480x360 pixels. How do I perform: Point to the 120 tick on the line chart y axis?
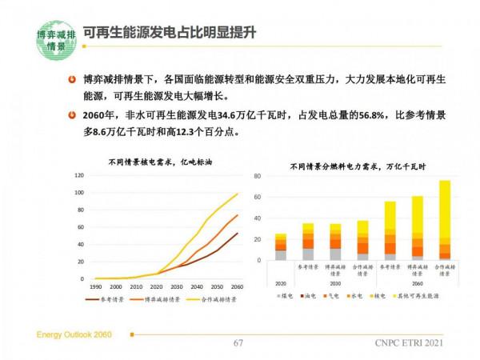79,175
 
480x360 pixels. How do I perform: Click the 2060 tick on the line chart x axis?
237,286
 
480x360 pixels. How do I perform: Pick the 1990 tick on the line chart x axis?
94,286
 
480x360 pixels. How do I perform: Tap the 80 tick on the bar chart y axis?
258,176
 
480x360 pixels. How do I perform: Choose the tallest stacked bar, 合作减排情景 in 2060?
444,220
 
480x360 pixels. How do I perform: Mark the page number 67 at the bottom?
238,342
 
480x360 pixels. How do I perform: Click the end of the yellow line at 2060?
238,194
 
